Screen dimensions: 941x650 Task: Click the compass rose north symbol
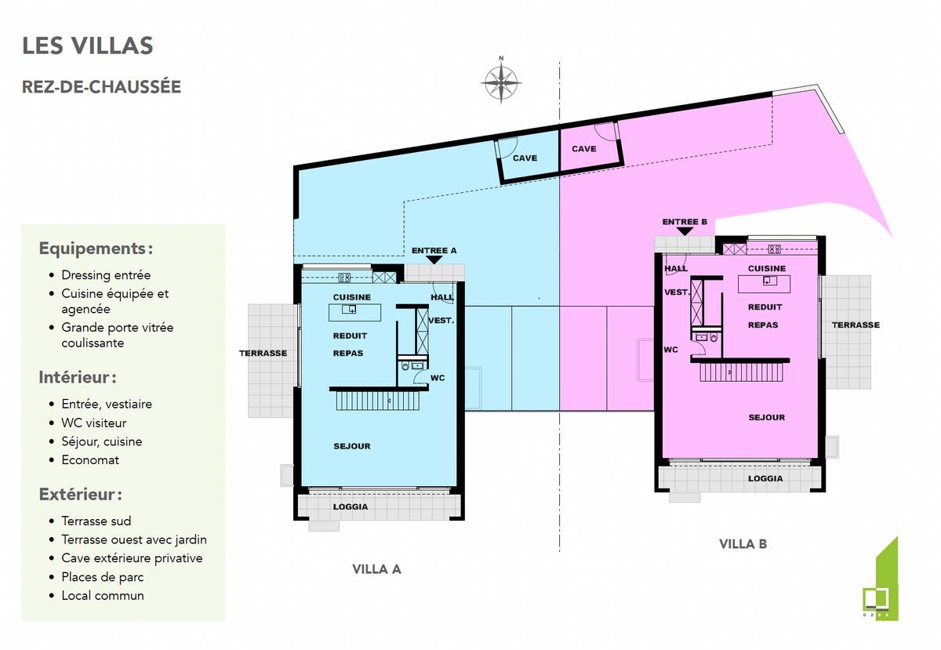pyautogui.click(x=501, y=83)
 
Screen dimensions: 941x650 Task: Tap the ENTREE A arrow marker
pyautogui.click(x=434, y=260)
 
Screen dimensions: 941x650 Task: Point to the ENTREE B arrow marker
pyautogui.click(x=685, y=231)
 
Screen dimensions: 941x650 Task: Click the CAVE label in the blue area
pyautogui.click(x=525, y=158)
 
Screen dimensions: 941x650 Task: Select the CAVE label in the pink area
pyautogui.click(x=584, y=149)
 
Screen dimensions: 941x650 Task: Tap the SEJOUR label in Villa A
pyautogui.click(x=352, y=446)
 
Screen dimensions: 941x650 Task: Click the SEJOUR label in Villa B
pyautogui.click(x=767, y=418)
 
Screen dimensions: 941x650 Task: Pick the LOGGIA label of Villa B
pyautogui.click(x=765, y=478)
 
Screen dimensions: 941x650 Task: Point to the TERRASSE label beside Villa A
pyautogui.click(x=263, y=354)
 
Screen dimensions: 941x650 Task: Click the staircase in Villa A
pyautogui.click(x=378, y=401)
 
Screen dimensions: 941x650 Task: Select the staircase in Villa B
pyautogui.click(x=742, y=372)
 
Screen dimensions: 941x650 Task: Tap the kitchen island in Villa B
pyautogui.click(x=764, y=284)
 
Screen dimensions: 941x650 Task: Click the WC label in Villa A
pyautogui.click(x=438, y=378)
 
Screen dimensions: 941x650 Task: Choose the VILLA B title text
pyautogui.click(x=743, y=544)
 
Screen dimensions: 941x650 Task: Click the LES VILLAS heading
pyautogui.click(x=87, y=45)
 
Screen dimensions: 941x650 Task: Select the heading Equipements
pyautogui.click(x=96, y=249)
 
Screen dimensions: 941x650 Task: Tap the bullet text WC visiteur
pyautogui.click(x=93, y=423)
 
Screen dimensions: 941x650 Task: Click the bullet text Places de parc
pyautogui.click(x=103, y=577)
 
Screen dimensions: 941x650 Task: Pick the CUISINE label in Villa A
pyautogui.click(x=352, y=297)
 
